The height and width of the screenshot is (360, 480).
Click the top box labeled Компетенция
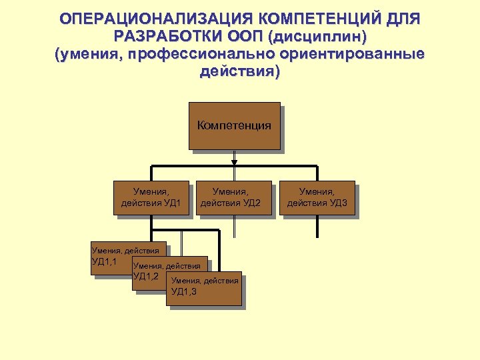(x=234, y=125)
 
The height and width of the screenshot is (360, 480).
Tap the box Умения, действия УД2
(x=235, y=198)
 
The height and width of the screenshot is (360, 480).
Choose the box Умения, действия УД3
(x=317, y=198)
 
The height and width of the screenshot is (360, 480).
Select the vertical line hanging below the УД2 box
(x=234, y=227)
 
